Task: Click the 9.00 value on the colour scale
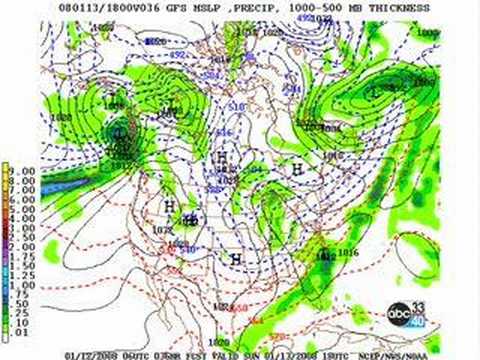pyautogui.click(x=24, y=171)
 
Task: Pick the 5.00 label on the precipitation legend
pyautogui.click(x=24, y=205)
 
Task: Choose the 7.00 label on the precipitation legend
pyautogui.click(x=24, y=188)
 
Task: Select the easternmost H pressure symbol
pyautogui.click(x=297, y=171)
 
